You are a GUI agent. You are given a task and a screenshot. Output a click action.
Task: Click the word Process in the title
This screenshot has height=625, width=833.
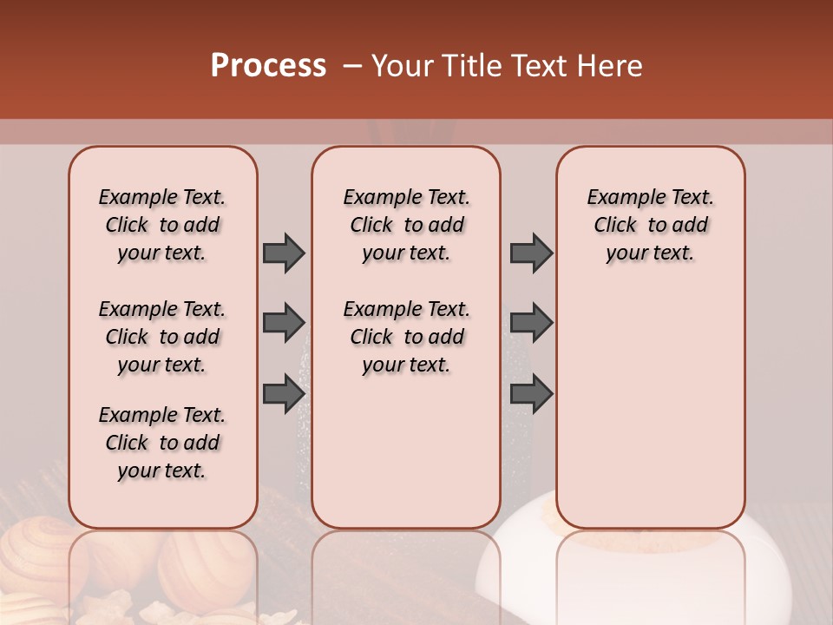tap(268, 66)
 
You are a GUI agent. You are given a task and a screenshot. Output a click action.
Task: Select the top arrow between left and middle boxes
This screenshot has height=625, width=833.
tap(284, 253)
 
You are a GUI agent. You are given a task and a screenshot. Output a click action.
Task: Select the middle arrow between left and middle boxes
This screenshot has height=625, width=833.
tap(284, 323)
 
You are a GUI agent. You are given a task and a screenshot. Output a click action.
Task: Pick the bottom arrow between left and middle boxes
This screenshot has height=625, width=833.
tap(284, 393)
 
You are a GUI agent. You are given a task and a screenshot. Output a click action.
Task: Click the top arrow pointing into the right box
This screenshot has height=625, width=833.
tap(531, 253)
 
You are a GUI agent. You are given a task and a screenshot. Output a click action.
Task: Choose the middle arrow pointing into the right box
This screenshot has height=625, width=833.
tap(531, 323)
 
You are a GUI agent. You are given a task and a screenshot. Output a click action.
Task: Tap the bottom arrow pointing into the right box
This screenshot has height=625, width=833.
tap(531, 393)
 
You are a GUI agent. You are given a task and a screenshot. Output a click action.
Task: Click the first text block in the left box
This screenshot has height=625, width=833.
tap(162, 225)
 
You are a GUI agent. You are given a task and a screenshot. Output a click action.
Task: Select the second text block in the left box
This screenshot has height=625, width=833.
tap(162, 337)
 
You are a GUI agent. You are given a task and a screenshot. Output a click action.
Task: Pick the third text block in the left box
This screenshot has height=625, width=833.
tap(162, 443)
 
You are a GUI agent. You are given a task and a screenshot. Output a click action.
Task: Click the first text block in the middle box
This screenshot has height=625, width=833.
tap(407, 225)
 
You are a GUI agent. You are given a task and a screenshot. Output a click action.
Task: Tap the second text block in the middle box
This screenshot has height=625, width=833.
tap(407, 337)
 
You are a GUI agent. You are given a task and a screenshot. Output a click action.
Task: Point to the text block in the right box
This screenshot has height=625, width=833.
tap(651, 225)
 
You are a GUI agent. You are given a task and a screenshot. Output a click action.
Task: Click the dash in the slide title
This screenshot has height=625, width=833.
tap(352, 66)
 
